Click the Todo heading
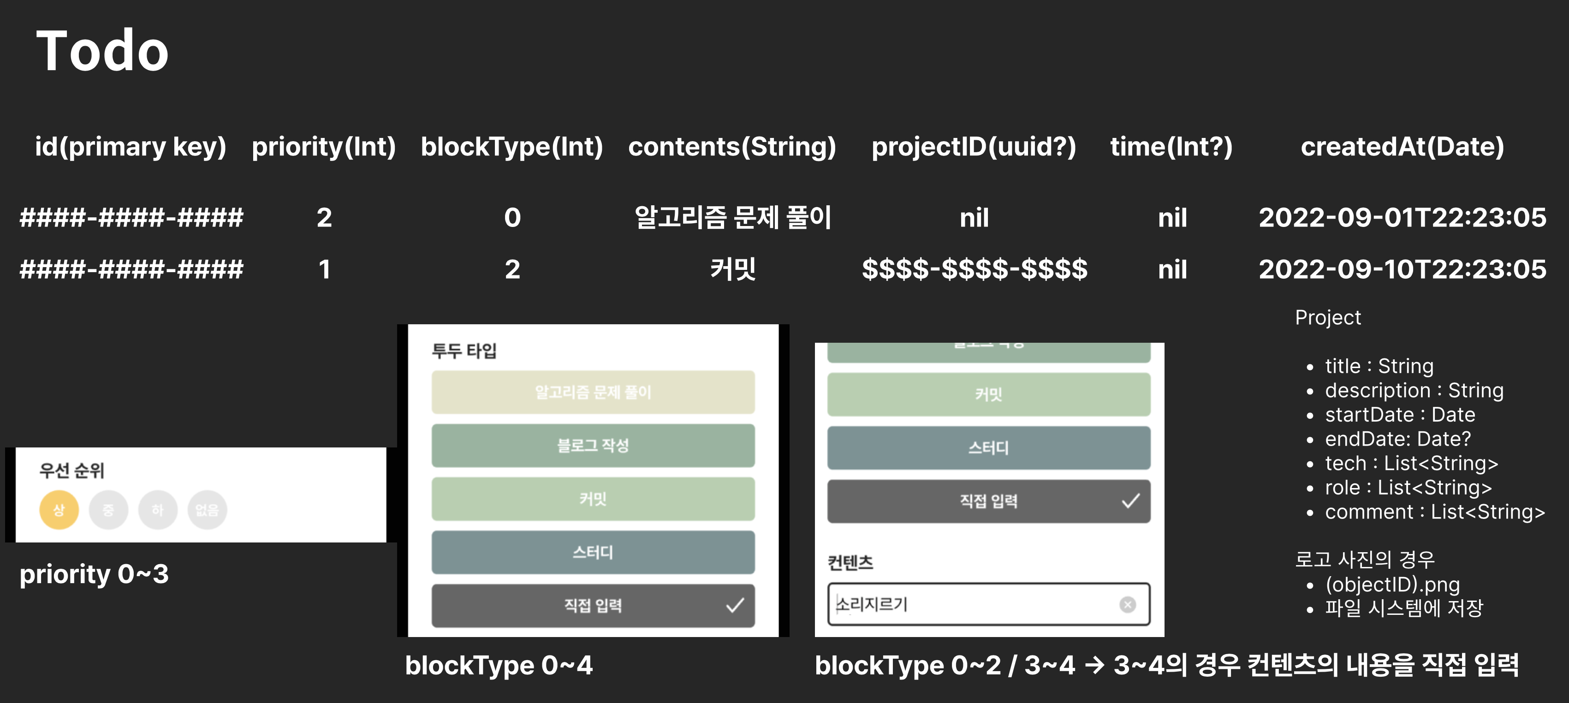click(x=102, y=51)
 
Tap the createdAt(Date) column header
click(x=1402, y=147)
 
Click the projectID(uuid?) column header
click(x=973, y=147)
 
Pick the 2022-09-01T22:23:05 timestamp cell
click(x=1402, y=217)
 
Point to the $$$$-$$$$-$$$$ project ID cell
click(x=974, y=269)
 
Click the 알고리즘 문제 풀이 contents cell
click(x=733, y=217)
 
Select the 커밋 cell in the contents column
click(x=733, y=269)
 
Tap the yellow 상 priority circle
click(x=59, y=510)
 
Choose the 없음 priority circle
click(x=207, y=510)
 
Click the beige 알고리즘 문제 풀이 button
click(x=593, y=392)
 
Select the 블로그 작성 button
click(x=593, y=445)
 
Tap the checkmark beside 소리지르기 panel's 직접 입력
click(x=1130, y=501)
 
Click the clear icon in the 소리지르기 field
click(x=1128, y=604)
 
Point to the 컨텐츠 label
click(x=850, y=562)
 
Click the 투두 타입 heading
click(x=464, y=351)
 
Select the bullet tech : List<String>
click(x=1411, y=464)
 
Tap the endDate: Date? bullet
click(x=1397, y=439)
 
